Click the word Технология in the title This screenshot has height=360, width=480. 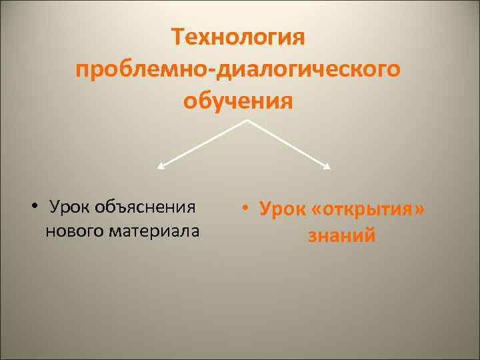pos(238,37)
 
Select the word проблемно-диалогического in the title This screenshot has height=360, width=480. pos(238,70)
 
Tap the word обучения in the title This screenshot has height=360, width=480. pos(238,102)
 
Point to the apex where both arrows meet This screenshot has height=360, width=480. pos(248,121)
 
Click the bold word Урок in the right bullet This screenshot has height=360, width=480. pos(280,210)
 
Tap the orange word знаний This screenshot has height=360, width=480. pos(341,236)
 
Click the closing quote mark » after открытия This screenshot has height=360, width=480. pos(418,211)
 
